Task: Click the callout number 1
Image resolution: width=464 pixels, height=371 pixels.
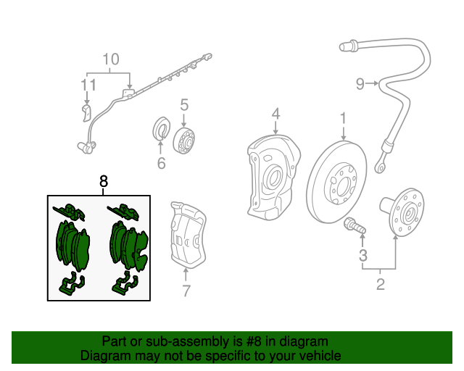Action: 344,117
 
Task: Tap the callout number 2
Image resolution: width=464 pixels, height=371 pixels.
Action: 380,285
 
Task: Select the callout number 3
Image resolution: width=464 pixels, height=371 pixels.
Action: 363,255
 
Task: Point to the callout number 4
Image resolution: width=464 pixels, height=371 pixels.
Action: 275,114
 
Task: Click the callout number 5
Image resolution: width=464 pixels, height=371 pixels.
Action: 184,104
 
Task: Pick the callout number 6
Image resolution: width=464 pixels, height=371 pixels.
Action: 161,164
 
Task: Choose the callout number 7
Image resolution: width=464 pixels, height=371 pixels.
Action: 186,291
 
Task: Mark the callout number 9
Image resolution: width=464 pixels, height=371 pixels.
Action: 360,85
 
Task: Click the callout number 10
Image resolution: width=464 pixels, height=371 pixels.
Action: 109,59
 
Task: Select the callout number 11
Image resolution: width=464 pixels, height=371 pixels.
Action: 88,86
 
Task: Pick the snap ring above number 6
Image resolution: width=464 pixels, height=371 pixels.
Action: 159,130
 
